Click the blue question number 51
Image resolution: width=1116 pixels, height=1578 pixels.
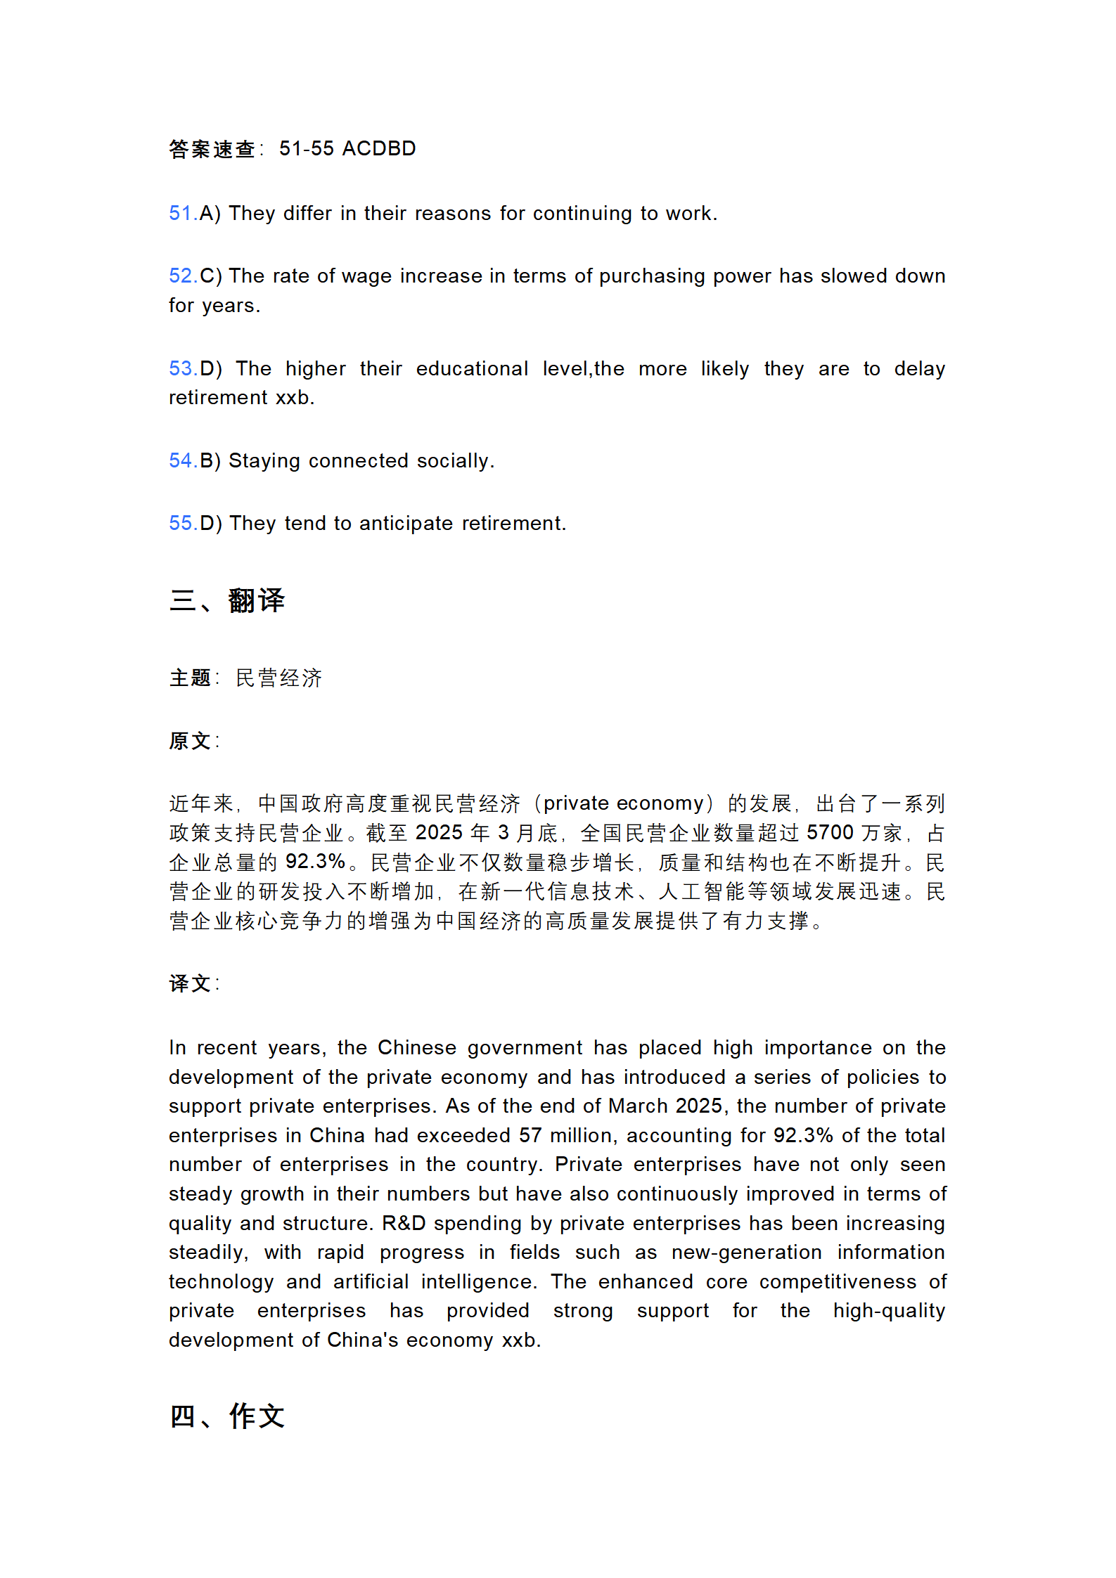pos(181,213)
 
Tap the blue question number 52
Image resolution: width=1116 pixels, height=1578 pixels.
pos(181,276)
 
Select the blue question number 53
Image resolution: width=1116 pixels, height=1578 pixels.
pos(181,368)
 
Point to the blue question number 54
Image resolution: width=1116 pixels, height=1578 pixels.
pos(181,460)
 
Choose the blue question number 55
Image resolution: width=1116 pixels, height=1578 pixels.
pos(181,523)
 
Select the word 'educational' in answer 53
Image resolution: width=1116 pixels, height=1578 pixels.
pos(471,369)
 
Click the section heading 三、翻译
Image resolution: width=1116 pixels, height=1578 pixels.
pos(226,601)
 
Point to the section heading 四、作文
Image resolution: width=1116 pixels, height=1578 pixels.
pos(226,1416)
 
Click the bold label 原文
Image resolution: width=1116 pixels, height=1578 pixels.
pos(190,741)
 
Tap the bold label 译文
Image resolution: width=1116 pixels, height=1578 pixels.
pos(190,983)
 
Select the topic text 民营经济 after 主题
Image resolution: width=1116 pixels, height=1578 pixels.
pos(278,678)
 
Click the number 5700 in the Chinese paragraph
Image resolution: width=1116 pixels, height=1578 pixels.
pos(830,833)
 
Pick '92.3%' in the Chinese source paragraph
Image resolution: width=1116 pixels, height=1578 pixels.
pos(315,862)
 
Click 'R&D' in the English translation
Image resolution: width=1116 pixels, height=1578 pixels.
pos(404,1223)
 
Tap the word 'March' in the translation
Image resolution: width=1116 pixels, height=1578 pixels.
pos(637,1106)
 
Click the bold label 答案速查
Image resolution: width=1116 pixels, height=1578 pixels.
pos(212,149)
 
